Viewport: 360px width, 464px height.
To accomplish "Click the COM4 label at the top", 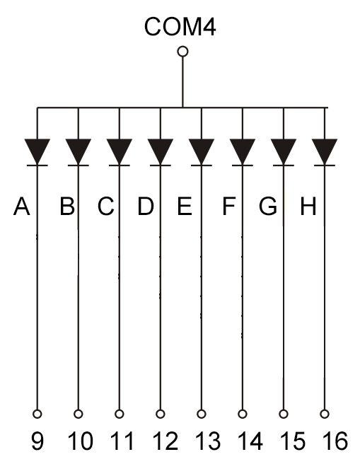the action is tap(180, 27).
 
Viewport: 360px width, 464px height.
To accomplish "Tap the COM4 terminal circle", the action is tap(182, 52).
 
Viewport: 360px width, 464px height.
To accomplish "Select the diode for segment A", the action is tap(37, 152).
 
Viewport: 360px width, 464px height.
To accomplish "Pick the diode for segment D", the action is tap(161, 152).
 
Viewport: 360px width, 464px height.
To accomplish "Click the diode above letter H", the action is tap(325, 152).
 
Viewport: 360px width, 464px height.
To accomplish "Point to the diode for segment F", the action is tap(243, 152).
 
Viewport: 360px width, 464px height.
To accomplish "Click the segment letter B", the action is tap(67, 206).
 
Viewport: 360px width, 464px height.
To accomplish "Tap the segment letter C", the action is tap(106, 206).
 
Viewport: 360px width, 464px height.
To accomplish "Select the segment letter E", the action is tap(185, 206).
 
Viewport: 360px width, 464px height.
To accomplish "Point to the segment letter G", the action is tap(268, 206).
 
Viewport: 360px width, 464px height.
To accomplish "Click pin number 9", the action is tap(37, 441).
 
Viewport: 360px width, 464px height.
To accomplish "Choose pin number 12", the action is tap(166, 441).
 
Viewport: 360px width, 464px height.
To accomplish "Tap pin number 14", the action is tap(250, 441).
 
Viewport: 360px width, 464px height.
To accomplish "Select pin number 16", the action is tap(335, 441).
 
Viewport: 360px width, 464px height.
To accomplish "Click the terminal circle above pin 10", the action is tap(79, 414).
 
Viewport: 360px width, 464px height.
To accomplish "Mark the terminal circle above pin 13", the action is tap(202, 414).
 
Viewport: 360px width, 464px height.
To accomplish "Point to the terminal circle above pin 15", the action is tap(284, 414).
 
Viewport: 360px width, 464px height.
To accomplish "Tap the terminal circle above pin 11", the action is tap(120, 414).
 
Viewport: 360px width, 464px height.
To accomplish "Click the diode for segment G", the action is tap(284, 152).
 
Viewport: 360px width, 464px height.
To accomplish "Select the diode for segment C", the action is tap(120, 152).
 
